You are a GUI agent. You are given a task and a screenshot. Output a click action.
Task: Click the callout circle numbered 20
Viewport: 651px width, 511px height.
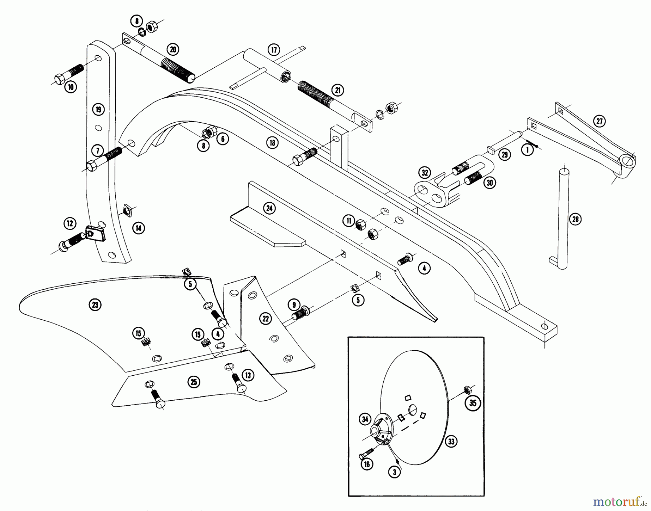pos(173,49)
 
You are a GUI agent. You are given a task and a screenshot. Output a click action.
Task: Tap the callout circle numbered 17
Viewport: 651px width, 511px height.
pos(274,50)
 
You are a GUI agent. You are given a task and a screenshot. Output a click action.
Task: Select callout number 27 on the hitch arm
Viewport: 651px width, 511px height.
pos(599,121)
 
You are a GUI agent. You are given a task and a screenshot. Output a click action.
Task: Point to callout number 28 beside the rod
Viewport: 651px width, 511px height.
pos(575,219)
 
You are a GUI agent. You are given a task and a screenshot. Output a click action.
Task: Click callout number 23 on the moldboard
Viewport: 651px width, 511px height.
pos(95,305)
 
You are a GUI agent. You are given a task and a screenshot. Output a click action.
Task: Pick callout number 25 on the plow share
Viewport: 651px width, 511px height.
pos(194,382)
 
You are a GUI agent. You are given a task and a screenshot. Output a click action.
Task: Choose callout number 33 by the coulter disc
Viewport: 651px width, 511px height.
pos(451,441)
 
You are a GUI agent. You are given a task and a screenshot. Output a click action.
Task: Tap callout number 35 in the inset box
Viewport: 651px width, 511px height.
pos(473,403)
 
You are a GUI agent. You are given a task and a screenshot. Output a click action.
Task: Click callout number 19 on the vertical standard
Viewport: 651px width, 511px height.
pos(98,109)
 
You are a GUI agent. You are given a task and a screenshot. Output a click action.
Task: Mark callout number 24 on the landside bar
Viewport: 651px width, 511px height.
pos(269,208)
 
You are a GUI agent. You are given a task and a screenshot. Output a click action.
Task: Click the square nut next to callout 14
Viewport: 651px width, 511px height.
pos(128,209)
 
